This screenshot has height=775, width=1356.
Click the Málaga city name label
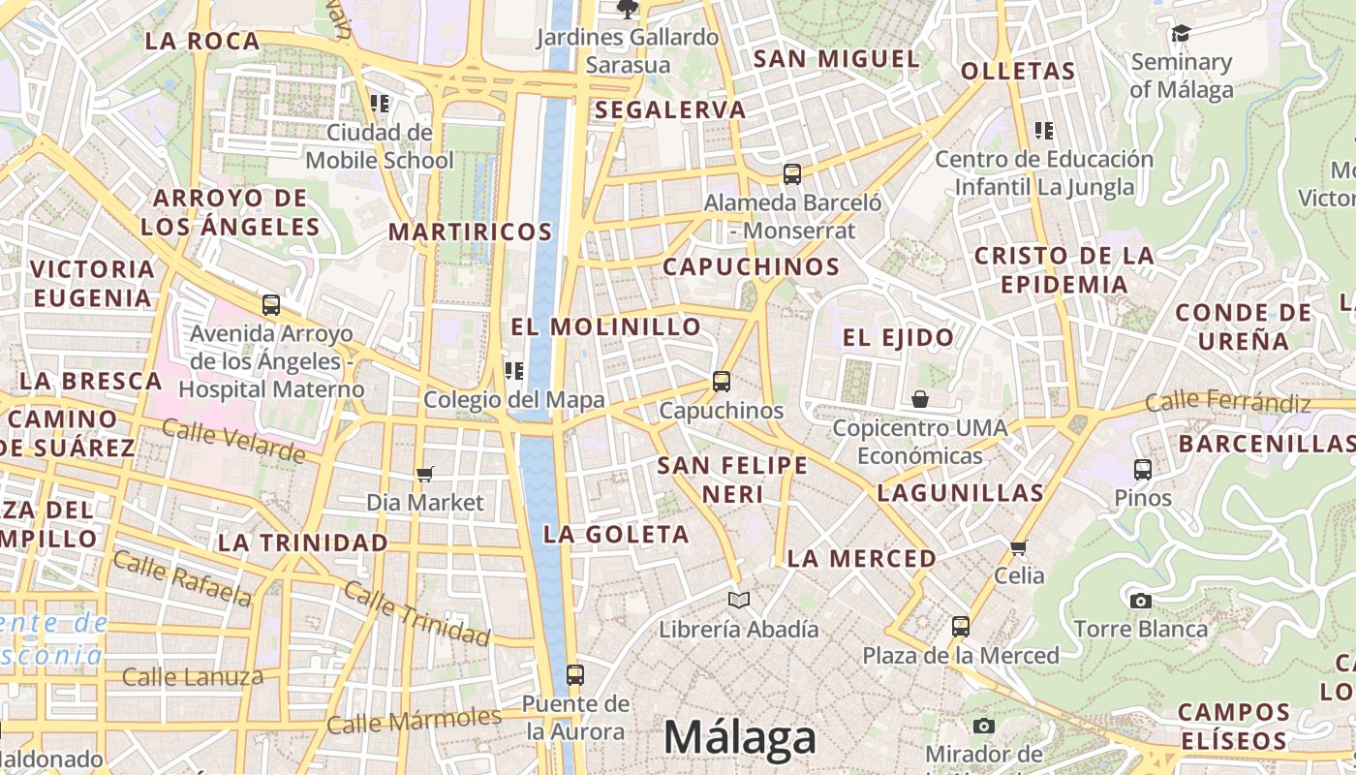point(740,738)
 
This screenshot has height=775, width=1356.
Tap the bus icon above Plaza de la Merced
point(960,626)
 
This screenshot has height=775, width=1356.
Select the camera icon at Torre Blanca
point(1140,601)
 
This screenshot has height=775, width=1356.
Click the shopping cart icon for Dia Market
point(424,474)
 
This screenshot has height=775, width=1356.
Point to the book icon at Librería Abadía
point(739,600)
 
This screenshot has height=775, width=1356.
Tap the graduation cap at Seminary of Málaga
point(1180,35)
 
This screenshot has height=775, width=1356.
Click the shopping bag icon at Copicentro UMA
point(919,399)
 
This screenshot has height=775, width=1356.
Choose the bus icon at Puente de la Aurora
point(575,674)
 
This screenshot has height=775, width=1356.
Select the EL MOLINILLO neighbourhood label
point(605,327)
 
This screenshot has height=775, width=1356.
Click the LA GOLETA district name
point(616,534)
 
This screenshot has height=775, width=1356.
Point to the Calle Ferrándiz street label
point(1228,402)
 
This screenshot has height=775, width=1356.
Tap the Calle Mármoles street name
point(414,721)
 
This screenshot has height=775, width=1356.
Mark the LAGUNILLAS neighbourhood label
point(960,493)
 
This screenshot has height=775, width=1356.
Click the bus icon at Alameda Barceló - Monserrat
point(792,174)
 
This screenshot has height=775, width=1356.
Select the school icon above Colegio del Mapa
point(513,370)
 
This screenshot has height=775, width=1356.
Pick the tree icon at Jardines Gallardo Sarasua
point(628,10)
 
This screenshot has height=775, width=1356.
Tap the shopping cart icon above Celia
point(1019,547)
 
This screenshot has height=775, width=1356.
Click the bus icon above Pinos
point(1143,470)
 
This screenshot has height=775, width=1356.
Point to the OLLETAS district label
point(1018,71)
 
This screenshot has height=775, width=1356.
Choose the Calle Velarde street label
point(233,441)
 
